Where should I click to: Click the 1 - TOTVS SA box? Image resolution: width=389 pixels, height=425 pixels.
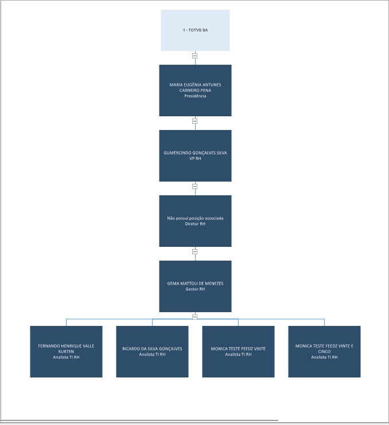195,30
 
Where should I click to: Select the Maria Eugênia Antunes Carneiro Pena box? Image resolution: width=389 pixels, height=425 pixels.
195,90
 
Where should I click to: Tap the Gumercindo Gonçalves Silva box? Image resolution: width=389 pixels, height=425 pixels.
195,156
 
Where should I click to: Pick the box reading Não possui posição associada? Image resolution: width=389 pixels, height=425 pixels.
195,221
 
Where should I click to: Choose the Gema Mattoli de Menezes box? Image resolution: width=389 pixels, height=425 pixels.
195,286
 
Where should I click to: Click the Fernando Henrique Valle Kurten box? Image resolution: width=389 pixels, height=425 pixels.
66,351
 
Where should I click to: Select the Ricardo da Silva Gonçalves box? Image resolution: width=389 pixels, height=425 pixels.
152,351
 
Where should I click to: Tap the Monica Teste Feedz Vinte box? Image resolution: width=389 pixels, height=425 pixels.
238,351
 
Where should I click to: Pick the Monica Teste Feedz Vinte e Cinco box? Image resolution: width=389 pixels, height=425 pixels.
324,351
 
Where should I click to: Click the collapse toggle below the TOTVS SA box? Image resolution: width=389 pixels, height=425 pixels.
195,56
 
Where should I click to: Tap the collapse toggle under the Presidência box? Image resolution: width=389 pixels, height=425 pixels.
195,121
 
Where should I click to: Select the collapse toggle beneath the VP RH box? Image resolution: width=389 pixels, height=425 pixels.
195,187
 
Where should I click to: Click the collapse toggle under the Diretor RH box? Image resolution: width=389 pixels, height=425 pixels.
195,251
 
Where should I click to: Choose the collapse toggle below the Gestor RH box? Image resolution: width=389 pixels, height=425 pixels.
195,317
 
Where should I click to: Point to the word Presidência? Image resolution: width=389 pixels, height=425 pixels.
195,96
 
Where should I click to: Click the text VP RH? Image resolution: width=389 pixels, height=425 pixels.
195,159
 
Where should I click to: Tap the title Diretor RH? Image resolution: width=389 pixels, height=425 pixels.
195,224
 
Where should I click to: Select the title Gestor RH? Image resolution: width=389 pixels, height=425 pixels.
195,289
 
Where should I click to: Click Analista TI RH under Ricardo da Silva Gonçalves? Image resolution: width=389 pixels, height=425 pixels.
152,355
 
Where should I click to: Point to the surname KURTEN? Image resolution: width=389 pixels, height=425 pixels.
66,352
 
